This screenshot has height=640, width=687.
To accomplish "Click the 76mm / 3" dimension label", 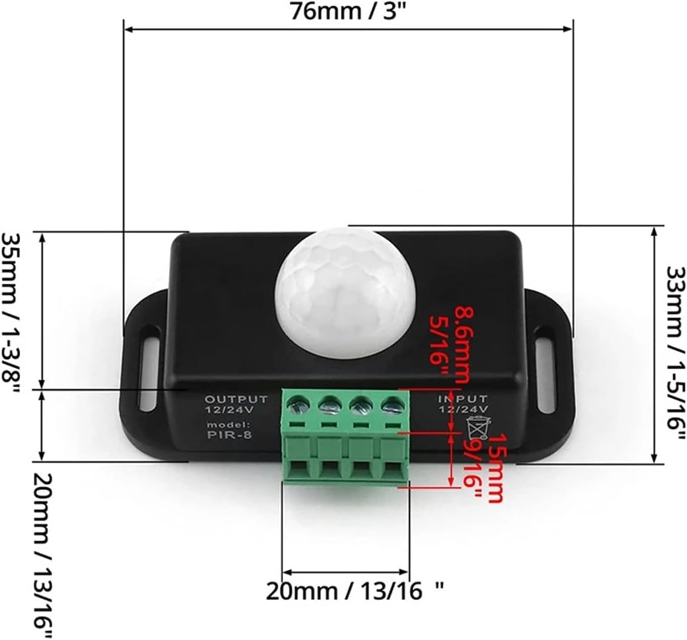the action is click(x=348, y=11).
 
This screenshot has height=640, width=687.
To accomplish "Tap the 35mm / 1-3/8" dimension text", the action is click(x=11, y=308).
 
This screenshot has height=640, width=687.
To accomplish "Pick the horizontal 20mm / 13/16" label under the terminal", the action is click(x=348, y=591).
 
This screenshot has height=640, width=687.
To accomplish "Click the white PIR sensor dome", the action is click(x=347, y=292).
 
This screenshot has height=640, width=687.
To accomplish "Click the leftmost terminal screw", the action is click(x=298, y=404).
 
